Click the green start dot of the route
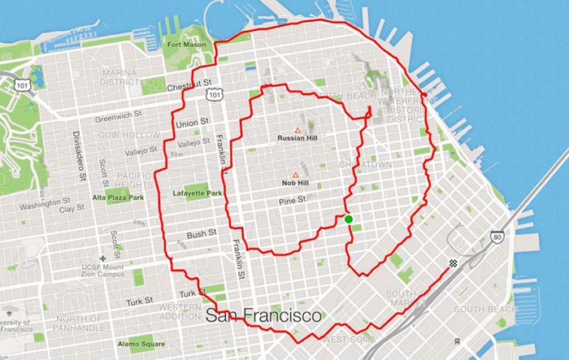[x=348, y=219]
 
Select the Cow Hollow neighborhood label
[x=121, y=133]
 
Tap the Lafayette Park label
[x=196, y=193]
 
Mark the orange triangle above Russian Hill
[x=298, y=130]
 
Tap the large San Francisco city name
[x=263, y=314]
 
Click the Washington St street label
[x=41, y=206]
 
